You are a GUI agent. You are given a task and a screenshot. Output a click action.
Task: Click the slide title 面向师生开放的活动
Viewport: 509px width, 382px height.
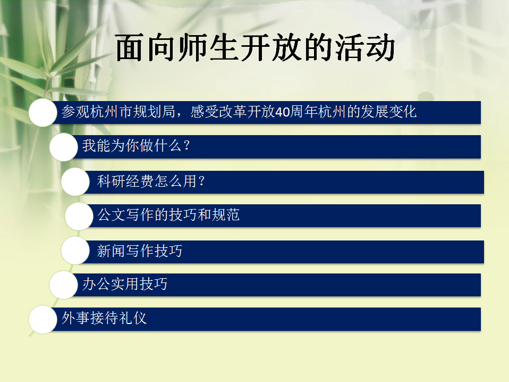click(255, 49)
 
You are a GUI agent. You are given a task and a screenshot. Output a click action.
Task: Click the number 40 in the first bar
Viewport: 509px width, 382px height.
click(283, 113)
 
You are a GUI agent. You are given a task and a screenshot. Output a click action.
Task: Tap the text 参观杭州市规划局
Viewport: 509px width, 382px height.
click(116, 112)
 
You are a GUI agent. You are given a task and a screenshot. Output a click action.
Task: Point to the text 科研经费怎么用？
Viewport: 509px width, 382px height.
click(151, 182)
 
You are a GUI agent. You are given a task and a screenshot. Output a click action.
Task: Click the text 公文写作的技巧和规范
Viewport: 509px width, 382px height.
click(169, 215)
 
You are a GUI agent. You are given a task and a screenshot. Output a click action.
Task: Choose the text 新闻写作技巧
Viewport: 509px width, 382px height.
click(140, 251)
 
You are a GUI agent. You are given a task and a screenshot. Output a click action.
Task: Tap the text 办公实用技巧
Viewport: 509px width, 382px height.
click(125, 284)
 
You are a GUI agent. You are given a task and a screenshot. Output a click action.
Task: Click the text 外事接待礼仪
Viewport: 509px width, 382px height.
click(104, 319)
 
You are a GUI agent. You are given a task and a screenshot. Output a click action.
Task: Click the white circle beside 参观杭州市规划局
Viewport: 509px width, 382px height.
click(43, 113)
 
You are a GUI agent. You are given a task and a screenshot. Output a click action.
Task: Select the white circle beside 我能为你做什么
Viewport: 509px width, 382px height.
click(64, 147)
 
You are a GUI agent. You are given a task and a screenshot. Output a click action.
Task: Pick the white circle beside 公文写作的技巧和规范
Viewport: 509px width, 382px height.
click(79, 216)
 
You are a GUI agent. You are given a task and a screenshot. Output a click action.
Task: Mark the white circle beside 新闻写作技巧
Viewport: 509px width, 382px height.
click(75, 251)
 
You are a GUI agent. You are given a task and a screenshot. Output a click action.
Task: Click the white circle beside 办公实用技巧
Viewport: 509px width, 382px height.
click(64, 285)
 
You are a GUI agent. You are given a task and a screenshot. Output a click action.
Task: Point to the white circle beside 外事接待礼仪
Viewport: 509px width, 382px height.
click(43, 319)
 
